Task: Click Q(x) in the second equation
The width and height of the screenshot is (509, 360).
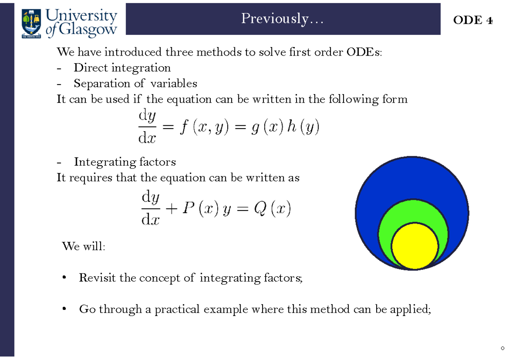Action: point(271,209)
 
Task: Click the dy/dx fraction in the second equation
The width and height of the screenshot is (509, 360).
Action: point(151,208)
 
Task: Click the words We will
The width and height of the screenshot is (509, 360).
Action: point(83,246)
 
